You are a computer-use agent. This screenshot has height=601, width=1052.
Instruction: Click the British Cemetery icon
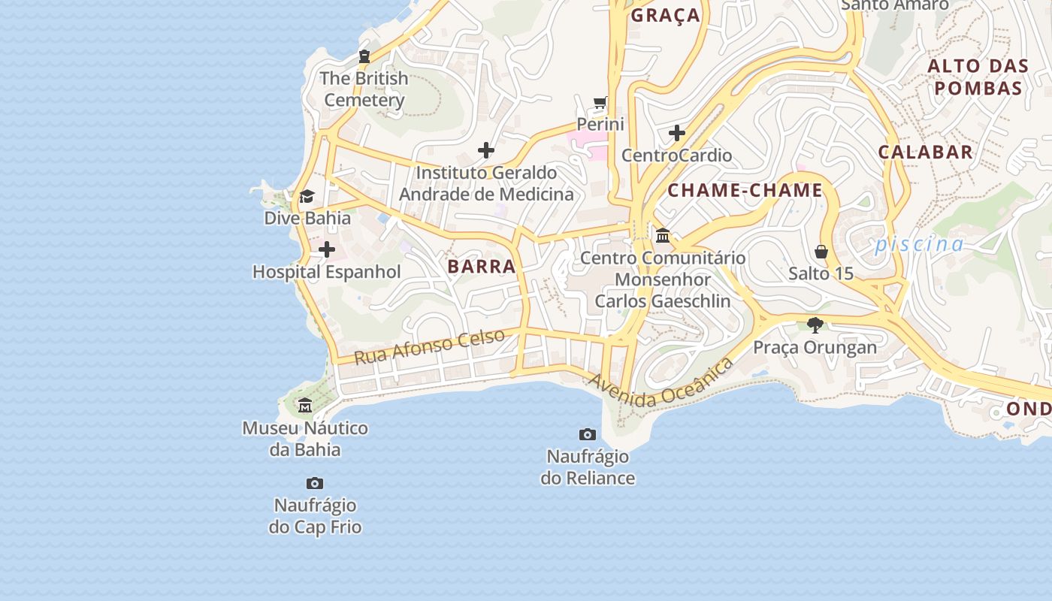coord(364,56)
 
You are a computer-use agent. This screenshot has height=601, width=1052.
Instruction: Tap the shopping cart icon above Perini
coord(600,103)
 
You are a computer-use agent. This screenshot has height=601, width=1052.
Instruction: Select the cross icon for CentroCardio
coord(676,134)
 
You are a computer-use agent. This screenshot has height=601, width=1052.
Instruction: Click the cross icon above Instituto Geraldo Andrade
coord(486,150)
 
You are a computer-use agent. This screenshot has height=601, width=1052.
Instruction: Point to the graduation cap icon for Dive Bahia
coord(307,197)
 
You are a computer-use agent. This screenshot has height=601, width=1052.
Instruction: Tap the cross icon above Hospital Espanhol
coord(327,249)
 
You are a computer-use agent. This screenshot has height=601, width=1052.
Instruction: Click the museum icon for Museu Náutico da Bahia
coord(305,406)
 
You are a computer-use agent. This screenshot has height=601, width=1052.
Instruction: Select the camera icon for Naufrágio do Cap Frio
coord(315,483)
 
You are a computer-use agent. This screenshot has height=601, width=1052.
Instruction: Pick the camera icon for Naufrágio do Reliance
coord(588,434)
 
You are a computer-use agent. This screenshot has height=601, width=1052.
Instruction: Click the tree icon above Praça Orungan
coord(815,325)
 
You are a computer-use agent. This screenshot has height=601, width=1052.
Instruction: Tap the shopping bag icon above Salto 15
coord(821,251)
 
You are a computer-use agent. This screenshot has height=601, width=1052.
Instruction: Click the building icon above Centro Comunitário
coord(663,236)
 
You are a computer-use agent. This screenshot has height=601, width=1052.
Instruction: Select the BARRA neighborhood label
coord(482,266)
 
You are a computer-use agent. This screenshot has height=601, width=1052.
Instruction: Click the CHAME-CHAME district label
coord(745,190)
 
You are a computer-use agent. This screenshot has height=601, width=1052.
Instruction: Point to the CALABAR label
coord(925,152)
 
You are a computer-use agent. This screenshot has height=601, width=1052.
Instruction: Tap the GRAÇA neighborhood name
coord(665,15)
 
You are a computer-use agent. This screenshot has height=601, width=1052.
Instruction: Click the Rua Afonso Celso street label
coord(429,346)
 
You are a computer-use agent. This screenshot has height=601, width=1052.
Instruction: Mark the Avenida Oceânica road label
coord(661,385)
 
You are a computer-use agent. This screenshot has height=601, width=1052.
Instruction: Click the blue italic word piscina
coord(918,244)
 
